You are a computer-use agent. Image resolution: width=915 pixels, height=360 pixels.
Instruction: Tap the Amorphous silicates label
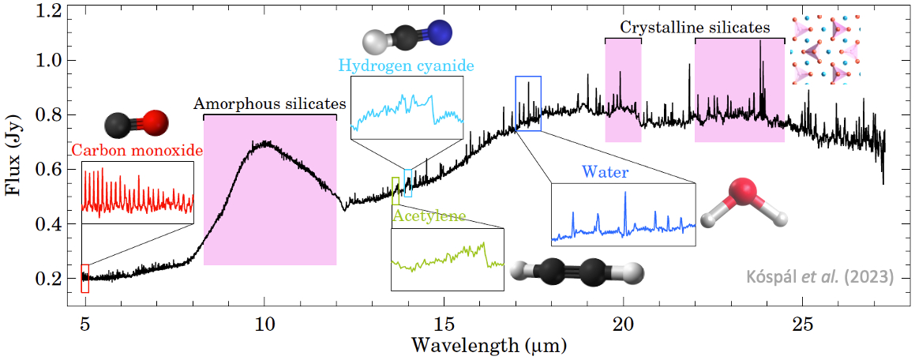pyautogui.click(x=270, y=103)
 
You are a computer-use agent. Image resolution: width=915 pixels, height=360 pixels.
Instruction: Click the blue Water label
pyautogui.click(x=600, y=171)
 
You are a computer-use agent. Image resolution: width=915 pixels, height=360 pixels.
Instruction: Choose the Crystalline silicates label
pyautogui.click(x=694, y=28)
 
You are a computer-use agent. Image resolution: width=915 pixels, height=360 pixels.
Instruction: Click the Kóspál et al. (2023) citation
pyautogui.click(x=820, y=277)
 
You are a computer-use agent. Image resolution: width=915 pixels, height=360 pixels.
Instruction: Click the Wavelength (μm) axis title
pyautogui.click(x=487, y=346)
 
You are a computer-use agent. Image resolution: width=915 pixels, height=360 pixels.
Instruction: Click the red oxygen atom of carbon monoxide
pyautogui.click(x=156, y=123)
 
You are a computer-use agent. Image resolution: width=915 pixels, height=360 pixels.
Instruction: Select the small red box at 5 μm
pyautogui.click(x=85, y=279)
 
